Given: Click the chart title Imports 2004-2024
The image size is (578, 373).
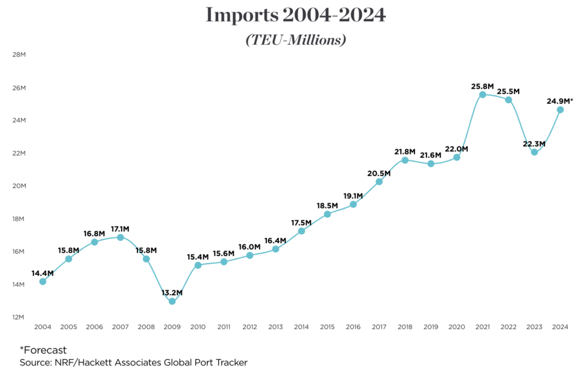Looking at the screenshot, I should coord(296,16).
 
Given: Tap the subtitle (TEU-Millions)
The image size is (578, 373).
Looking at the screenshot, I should coord(295,40).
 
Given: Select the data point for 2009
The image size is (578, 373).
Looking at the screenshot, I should coord(172,301).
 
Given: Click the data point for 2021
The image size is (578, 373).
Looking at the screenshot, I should coord(483,95).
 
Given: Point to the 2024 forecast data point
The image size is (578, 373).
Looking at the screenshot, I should coord(560,110).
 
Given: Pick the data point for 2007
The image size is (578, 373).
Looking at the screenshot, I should coord(121,237).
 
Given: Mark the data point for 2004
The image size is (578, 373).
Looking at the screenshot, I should coord(43,281).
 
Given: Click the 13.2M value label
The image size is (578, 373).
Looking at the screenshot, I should coord(172,293).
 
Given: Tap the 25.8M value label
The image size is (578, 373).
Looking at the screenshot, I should coord(483,86).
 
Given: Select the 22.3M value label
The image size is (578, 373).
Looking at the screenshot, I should coord(534,143).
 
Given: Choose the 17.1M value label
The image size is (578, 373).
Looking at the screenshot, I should coord(121,229).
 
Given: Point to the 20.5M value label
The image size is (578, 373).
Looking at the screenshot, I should coord(379,173).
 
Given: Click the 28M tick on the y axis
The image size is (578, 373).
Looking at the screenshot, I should coord(19,55).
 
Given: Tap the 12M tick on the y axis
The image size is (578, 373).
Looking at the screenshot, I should coord(19,317).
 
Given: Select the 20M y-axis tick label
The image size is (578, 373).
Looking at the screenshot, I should coord(19,186).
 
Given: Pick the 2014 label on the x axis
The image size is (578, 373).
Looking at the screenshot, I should coord(302,327).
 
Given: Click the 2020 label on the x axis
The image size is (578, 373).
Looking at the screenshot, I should coord(457,327).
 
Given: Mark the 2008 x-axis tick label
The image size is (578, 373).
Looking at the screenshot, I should coord(146,327).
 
